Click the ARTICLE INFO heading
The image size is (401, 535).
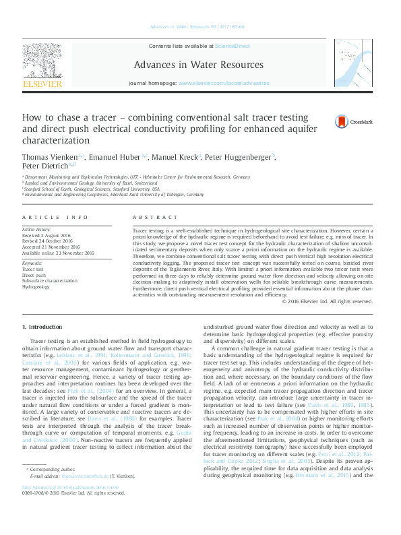point(55,218)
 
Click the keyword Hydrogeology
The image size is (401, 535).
point(36,286)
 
